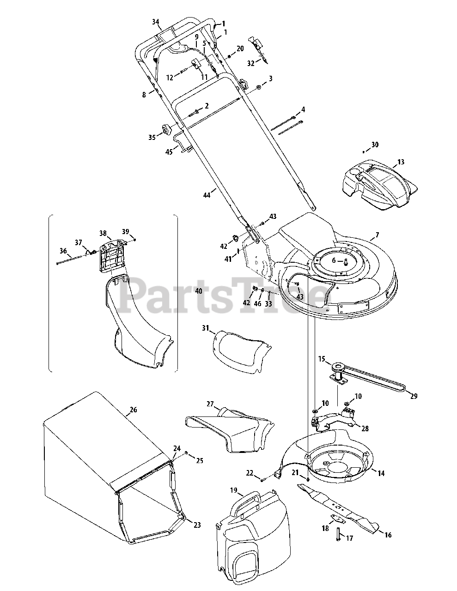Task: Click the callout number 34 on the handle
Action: point(155,22)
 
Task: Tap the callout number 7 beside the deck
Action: point(377,235)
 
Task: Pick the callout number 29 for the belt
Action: point(414,396)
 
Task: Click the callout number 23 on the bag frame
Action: point(197,525)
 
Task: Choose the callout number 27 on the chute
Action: point(210,404)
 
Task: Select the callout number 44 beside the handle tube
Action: point(207,195)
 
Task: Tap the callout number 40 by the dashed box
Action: point(199,291)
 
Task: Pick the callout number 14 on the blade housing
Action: point(381,473)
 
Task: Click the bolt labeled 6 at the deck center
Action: point(345,261)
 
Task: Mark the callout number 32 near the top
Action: point(250,63)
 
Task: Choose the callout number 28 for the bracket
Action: point(365,428)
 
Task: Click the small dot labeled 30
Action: point(364,151)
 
